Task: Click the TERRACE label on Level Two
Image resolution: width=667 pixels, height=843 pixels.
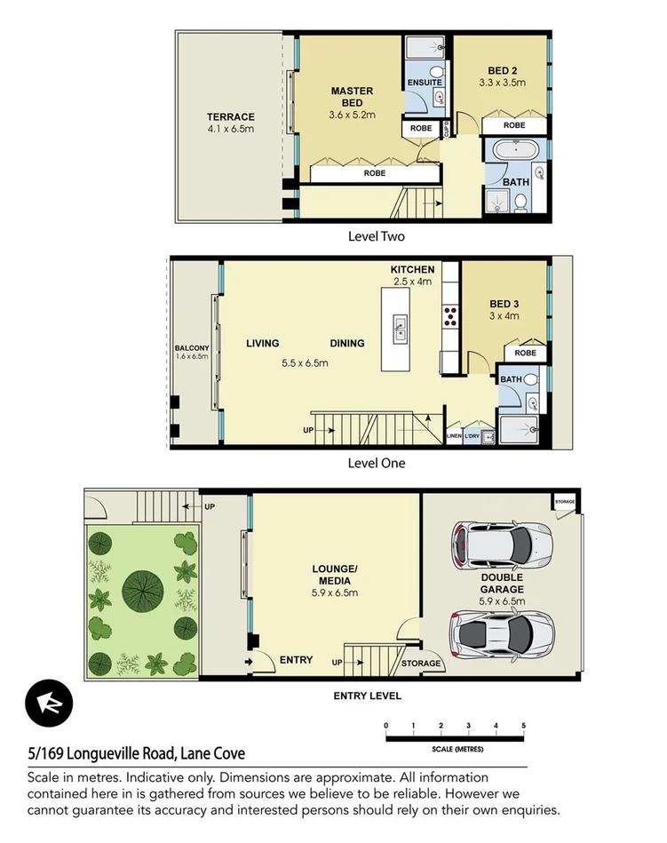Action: click(231, 117)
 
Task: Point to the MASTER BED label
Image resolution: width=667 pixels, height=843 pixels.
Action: click(353, 97)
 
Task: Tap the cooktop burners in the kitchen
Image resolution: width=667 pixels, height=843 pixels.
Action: click(450, 314)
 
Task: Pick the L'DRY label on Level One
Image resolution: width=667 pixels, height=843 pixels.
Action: click(473, 435)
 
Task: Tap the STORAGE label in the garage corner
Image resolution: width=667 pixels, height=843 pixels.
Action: click(565, 502)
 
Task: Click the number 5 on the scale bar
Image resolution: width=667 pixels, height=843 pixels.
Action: click(524, 726)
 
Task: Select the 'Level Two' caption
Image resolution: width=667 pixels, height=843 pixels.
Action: click(377, 236)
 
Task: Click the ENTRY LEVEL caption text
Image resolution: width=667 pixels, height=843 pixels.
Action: click(367, 696)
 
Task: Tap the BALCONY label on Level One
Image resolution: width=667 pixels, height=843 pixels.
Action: click(192, 347)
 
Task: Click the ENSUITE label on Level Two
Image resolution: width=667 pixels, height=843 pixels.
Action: click(425, 83)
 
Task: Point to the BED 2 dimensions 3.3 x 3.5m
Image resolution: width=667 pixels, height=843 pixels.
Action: click(502, 83)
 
